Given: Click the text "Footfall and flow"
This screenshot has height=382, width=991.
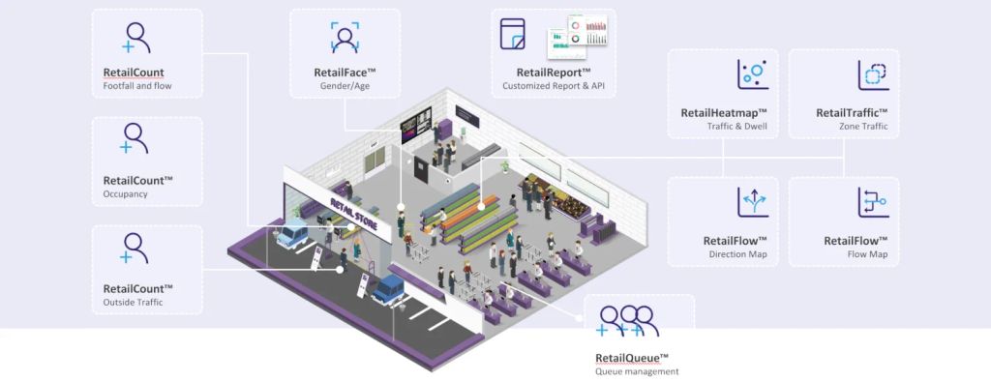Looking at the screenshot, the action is point(136,86).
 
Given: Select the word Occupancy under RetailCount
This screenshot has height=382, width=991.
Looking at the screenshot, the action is point(125,193).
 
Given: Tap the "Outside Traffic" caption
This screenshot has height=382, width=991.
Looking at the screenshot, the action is point(133,303).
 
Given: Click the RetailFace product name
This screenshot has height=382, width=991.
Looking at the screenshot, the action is point(345,72).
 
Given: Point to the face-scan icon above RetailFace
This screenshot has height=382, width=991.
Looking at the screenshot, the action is point(345,37).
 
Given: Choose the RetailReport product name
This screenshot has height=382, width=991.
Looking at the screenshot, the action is point(554,72).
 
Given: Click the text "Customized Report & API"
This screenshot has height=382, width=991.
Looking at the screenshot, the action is point(554,86).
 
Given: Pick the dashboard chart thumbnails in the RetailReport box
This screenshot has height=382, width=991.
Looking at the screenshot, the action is point(578,30).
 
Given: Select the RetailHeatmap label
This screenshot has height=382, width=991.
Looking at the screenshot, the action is point(724,113).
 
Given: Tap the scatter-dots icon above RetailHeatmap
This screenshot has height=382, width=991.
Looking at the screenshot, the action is point(753,73).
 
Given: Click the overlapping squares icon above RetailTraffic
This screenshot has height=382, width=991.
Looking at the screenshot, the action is point(874,75).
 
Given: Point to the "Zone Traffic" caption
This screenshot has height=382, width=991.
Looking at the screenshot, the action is point(863,127).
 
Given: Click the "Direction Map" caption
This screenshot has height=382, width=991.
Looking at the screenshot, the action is point(738,254).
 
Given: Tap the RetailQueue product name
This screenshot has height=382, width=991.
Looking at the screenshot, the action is point(632,359).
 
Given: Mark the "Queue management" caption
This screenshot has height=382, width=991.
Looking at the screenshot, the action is point(637,372).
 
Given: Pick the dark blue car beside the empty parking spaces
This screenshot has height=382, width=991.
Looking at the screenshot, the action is point(387,289).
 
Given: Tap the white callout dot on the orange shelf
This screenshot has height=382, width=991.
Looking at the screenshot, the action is point(480,206).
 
